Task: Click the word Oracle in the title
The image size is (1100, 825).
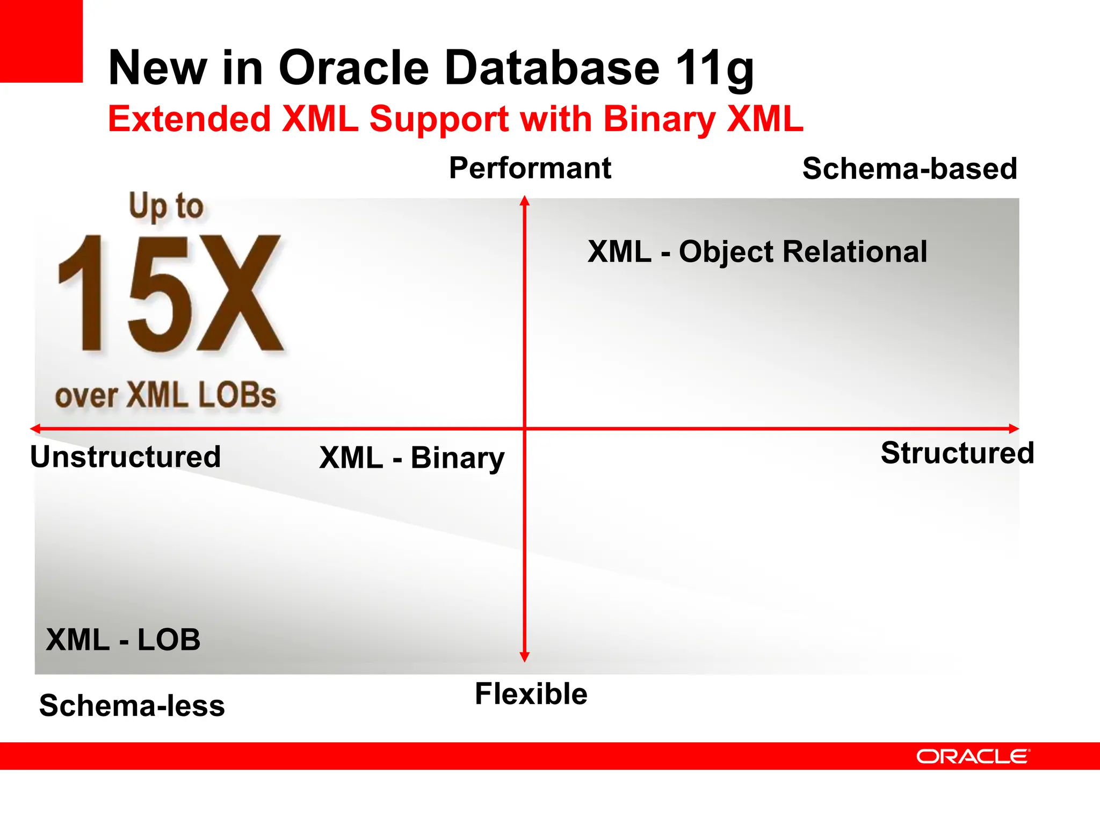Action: point(353,68)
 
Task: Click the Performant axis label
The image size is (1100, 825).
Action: point(530,168)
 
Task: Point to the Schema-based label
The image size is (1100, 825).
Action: point(909,169)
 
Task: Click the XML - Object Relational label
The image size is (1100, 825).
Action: point(757,251)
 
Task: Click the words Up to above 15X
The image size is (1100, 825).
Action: point(166,206)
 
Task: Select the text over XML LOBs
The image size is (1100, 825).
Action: point(165,396)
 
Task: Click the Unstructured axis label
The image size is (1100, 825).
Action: point(125,457)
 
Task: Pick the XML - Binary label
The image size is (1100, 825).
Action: point(411,458)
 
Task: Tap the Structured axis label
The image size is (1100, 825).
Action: point(957,453)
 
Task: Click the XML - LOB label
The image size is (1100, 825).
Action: point(123,640)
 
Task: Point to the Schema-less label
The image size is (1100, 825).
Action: point(132,706)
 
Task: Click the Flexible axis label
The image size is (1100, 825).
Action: point(531,693)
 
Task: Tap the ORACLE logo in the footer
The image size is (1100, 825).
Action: point(972,756)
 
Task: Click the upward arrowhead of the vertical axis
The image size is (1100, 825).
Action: point(525,201)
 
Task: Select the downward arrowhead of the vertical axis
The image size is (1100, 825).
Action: point(525,657)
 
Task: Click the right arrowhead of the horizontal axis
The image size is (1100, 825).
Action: point(1014,429)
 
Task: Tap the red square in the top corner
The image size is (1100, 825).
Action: point(41,41)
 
